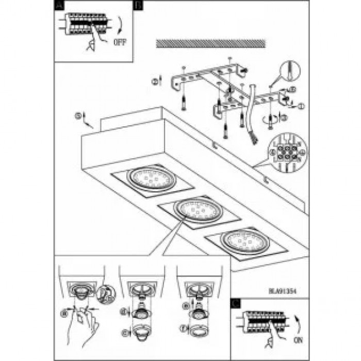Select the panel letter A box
[x=59, y=5]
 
